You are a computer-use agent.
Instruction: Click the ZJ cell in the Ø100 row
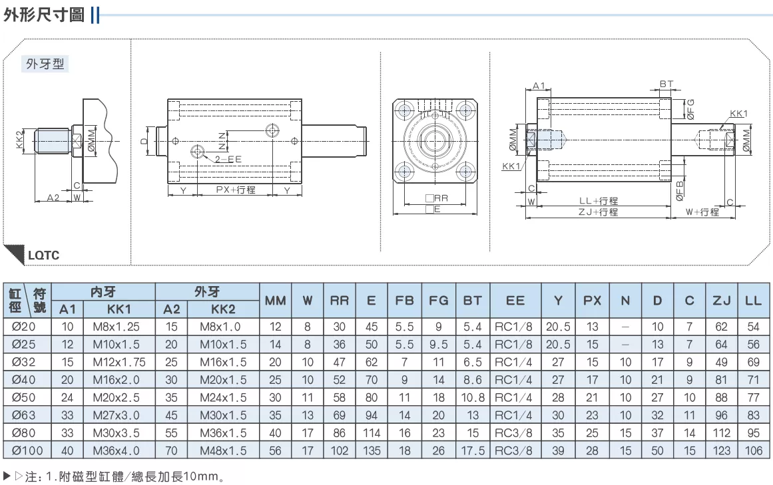point(721,450)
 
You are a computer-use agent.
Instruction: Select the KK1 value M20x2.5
point(117,397)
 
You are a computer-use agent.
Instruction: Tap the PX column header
point(592,300)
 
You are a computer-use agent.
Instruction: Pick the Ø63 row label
point(24,415)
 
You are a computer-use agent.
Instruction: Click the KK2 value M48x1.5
point(223,450)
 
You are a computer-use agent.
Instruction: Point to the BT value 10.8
point(473,397)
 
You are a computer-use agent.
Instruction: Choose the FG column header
point(438,300)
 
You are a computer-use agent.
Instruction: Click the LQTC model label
point(44,255)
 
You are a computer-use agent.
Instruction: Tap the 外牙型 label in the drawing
point(45,64)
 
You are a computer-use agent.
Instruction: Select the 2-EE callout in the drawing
point(228,159)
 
